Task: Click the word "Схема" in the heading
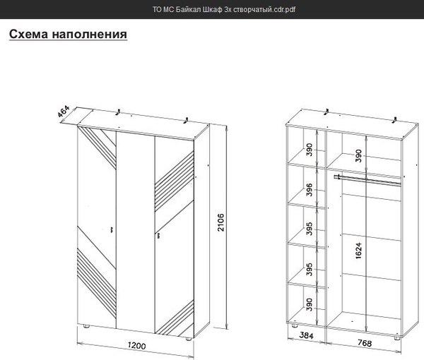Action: (31, 34)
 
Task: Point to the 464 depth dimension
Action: (64, 113)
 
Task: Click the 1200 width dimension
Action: (137, 345)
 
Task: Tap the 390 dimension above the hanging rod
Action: (358, 155)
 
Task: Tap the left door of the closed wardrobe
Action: (95, 226)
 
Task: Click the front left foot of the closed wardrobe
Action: (86, 328)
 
